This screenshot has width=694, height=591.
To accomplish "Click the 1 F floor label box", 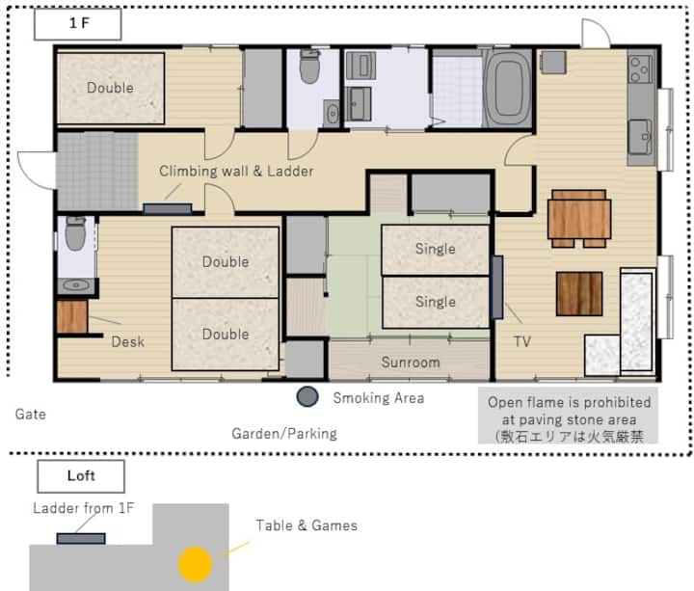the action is point(78,24).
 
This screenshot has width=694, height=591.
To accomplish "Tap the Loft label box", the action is point(81,476).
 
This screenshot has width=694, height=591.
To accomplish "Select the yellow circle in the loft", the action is point(195,564).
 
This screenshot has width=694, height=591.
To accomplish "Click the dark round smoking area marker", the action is point(307,396).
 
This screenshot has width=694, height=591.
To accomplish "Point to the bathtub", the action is point(507,89).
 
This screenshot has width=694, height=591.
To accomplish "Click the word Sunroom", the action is point(411,363).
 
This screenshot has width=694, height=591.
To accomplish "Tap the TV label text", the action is point(522,341).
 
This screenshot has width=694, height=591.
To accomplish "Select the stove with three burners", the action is point(641,68).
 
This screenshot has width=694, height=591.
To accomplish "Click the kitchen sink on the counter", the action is point(640,136).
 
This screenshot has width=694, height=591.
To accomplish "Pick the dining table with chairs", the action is point(579,218).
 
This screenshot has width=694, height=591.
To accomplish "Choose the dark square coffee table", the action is point(579,294).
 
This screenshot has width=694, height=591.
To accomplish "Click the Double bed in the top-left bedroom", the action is point(111,88).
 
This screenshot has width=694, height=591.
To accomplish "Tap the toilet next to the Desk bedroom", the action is point(76,234).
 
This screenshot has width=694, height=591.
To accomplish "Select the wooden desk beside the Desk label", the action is point(71,317).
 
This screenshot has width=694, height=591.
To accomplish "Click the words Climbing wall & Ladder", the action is point(236,172).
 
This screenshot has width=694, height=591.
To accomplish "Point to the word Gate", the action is point(31,414).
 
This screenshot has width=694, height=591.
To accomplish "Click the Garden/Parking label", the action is point(284,434).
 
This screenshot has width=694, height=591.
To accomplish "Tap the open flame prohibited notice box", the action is point(568,416).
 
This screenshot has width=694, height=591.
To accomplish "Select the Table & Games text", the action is point(307,525).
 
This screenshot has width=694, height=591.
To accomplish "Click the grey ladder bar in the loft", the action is point(81,538).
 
